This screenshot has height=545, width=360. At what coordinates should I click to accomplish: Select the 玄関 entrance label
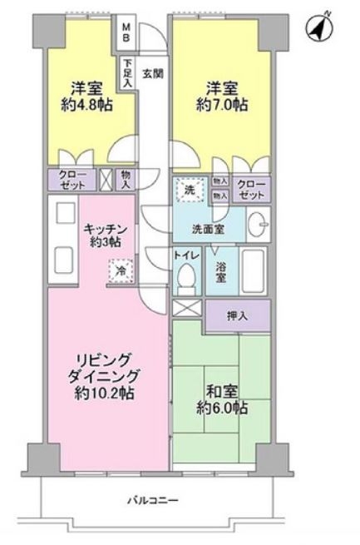(152, 72)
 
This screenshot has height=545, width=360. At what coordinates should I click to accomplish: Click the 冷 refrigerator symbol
(119, 270)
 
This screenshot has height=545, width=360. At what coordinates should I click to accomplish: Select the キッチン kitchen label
(105, 230)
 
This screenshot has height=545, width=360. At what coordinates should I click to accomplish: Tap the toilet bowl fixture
(187, 280)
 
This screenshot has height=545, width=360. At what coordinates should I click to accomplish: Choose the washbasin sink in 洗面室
(258, 222)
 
